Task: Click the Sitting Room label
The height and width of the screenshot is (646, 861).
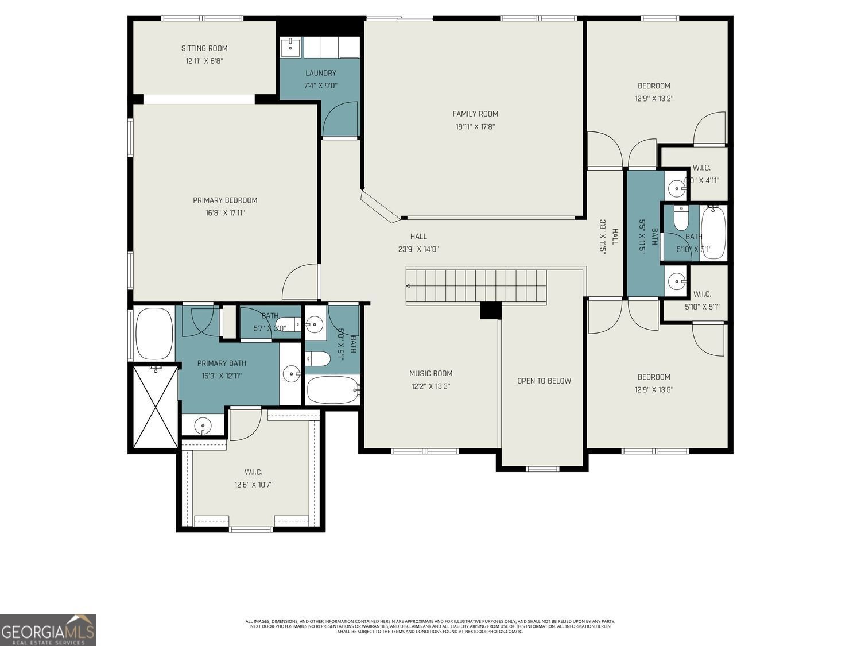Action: (x=204, y=48)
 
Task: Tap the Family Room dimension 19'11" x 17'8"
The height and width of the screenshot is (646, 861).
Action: (x=475, y=127)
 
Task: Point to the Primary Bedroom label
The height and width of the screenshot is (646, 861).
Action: (x=225, y=200)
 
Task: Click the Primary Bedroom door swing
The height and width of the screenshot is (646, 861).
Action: (x=302, y=281)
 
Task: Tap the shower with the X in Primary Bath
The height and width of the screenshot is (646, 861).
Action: (x=155, y=407)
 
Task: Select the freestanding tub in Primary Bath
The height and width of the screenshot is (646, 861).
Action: (x=154, y=334)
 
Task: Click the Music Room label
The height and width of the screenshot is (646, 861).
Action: (x=430, y=373)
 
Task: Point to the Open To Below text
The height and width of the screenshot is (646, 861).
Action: (x=544, y=381)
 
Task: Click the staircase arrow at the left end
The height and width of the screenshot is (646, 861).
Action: (x=409, y=285)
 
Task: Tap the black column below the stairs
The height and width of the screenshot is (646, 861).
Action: (x=490, y=310)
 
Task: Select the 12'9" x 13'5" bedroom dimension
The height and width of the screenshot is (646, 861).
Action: (x=654, y=390)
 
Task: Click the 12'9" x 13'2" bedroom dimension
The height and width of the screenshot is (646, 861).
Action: (x=654, y=99)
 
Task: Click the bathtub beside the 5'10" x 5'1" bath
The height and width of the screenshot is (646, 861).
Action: (x=713, y=233)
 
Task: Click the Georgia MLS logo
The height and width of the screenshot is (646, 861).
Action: (x=48, y=630)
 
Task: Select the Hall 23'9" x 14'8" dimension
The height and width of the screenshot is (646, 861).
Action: (x=418, y=249)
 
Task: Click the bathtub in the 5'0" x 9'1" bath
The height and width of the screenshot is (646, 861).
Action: (x=332, y=390)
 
